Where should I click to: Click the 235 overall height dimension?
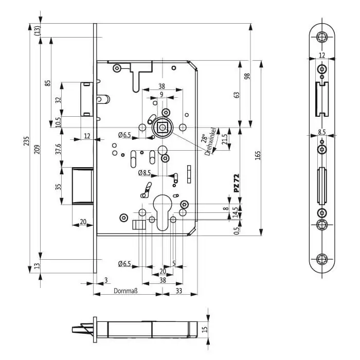(x=27, y=141)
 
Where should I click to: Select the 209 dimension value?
(x=37, y=149)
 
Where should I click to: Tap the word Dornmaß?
(x=125, y=291)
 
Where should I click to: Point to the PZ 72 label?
(x=237, y=183)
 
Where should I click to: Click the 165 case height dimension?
(x=258, y=155)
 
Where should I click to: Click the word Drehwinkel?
(x=210, y=141)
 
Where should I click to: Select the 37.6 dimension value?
(x=58, y=149)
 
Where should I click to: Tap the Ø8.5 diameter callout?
(x=145, y=173)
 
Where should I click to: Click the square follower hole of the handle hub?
(x=163, y=127)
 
